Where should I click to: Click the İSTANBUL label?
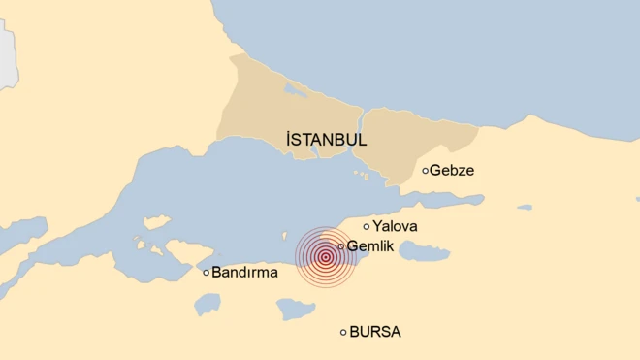pyautogui.click(x=327, y=140)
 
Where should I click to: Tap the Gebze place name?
pyautogui.click(x=452, y=171)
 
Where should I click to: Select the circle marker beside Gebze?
pyautogui.click(x=426, y=171)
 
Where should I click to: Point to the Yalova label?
pyautogui.click(x=395, y=226)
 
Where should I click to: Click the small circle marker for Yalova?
pyautogui.click(x=367, y=226)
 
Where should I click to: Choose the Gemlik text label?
pyautogui.click(x=369, y=246)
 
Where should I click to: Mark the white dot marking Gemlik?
pyautogui.click(x=341, y=246)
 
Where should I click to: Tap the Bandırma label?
pyautogui.click(x=244, y=273)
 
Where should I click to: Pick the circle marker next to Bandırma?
pyautogui.click(x=207, y=273)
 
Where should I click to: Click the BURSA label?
pyautogui.click(x=374, y=332)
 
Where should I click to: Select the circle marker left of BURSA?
pyautogui.click(x=343, y=332)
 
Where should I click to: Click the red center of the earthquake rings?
pyautogui.click(x=325, y=257)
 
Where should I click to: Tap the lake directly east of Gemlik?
pyautogui.click(x=423, y=252)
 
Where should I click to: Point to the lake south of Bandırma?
pyautogui.click(x=207, y=305)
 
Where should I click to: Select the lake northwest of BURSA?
pyautogui.click(x=295, y=310)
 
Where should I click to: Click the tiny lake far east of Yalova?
pyautogui.click(x=525, y=207)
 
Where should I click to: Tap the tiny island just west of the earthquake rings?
pyautogui.click(x=285, y=234)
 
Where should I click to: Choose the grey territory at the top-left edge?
pyautogui.click(x=8, y=53)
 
